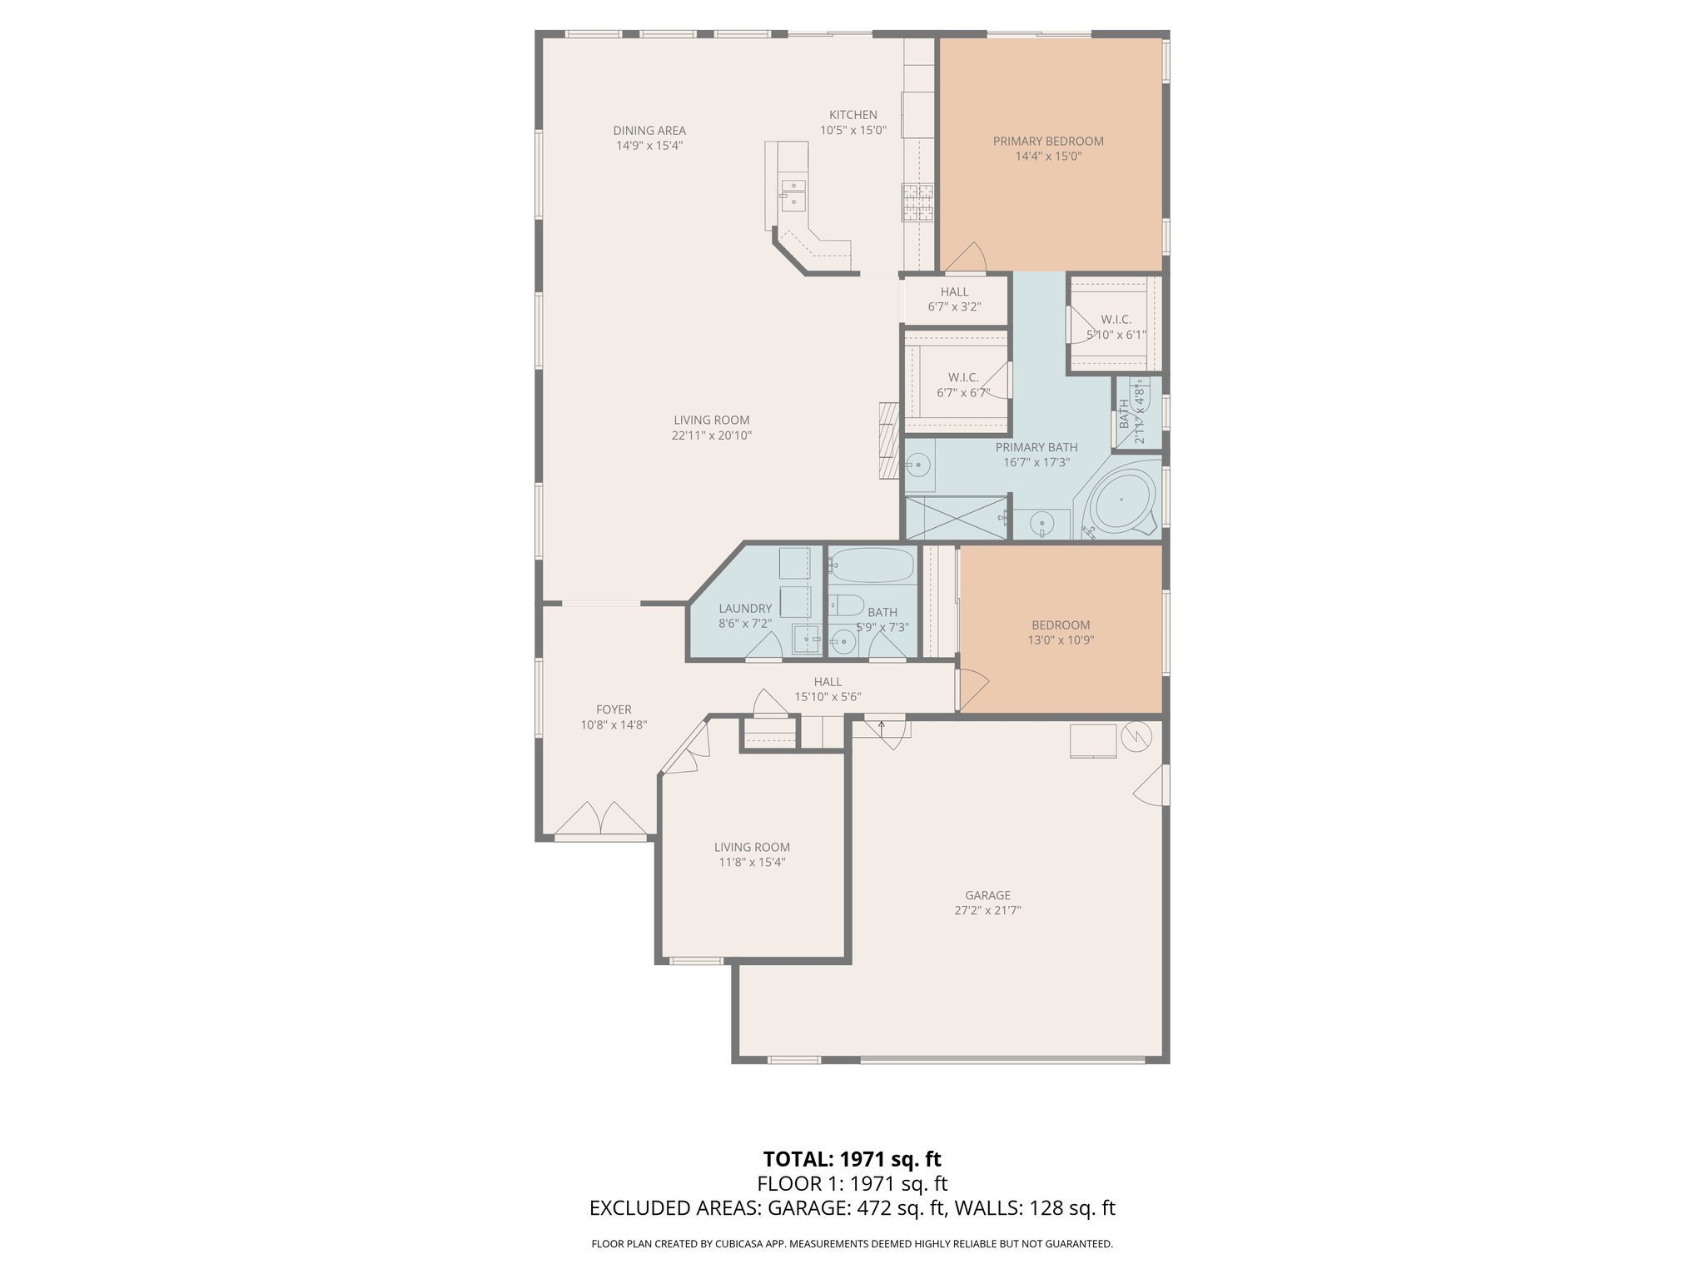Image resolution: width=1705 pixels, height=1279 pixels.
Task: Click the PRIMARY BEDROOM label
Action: (1047, 142)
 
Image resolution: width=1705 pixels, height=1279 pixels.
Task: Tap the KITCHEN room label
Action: (852, 115)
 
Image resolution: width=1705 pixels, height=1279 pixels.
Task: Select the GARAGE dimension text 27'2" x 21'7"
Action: (987, 911)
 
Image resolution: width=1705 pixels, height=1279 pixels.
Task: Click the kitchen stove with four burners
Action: (917, 202)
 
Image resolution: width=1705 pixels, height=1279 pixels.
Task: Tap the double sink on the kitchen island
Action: (210, 193)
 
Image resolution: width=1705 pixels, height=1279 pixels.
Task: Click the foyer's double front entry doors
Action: (600, 819)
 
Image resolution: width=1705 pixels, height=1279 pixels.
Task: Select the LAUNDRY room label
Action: (745, 609)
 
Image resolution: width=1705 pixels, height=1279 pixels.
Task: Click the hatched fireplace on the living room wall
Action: (890, 441)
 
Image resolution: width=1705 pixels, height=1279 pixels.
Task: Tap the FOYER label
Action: (614, 709)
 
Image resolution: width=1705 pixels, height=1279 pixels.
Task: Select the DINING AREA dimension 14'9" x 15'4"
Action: (649, 146)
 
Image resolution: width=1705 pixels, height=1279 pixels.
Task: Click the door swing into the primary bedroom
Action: (966, 258)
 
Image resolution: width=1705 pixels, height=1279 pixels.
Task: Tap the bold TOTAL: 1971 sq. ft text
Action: (852, 1159)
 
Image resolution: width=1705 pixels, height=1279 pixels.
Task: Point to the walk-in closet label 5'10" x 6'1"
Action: (1116, 335)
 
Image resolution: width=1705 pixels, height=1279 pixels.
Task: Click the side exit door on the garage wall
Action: (1151, 786)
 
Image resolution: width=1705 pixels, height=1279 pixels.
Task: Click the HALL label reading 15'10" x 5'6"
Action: (828, 697)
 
